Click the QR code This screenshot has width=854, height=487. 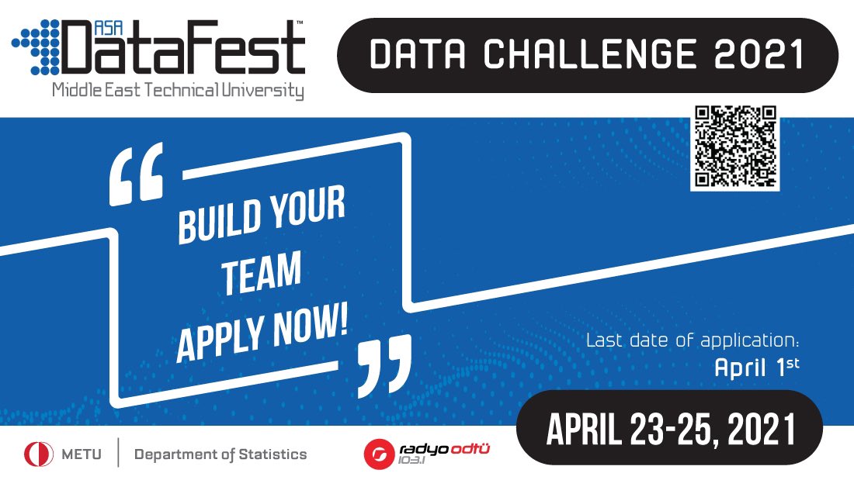pos(734,147)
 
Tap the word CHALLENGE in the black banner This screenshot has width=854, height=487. pos(589,54)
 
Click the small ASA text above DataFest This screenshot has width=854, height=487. pos(108,28)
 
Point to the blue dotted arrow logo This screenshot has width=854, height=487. pos(36,47)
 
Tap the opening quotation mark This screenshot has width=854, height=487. pos(136,174)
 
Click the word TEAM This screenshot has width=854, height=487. pos(262,273)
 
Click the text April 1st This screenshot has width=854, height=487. pos(757,368)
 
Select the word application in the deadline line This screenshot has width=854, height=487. pos(749,341)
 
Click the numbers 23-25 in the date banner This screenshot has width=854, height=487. pos(676,430)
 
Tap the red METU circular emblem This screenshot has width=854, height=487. pos(39,454)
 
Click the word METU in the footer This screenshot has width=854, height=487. pos(82,454)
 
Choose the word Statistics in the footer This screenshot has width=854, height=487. pos(273,454)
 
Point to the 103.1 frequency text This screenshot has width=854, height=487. pos(411,461)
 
